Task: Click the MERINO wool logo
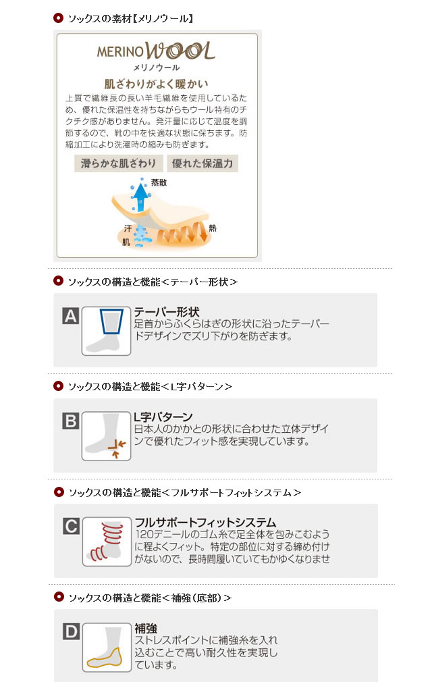coord(156,51)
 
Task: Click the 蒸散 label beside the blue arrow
coord(159,183)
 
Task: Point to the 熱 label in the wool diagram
coord(212,228)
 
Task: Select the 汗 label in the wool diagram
coord(128,228)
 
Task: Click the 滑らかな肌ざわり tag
coord(119,163)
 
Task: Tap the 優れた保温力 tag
coord(202,163)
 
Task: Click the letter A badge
coord(70,316)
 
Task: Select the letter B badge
coord(70,421)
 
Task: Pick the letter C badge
coord(72,526)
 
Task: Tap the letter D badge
coord(72,631)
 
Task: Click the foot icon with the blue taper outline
coord(106,331)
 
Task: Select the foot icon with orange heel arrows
coord(106,436)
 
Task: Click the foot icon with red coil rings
coord(107,542)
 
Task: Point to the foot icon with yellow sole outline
coord(107,647)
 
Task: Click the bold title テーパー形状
coord(167,312)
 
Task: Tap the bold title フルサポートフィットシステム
coord(205,522)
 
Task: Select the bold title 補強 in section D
coord(146,628)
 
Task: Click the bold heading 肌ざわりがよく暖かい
coord(156,84)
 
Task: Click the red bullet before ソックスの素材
coord(58,18)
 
